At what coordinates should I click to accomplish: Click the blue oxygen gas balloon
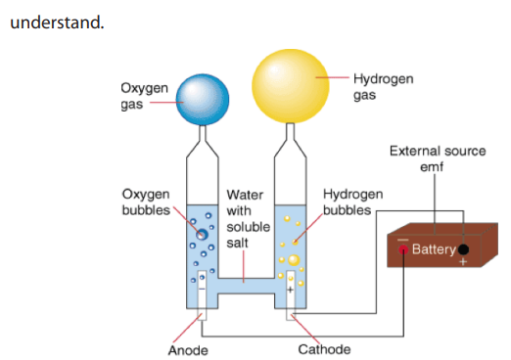click(x=203, y=100)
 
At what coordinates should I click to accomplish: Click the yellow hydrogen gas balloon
click(x=291, y=86)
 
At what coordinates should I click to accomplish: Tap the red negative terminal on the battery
click(x=403, y=249)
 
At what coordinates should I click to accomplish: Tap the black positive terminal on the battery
click(x=463, y=249)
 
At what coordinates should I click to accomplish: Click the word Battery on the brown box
click(x=434, y=249)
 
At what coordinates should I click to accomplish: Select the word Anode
click(x=188, y=350)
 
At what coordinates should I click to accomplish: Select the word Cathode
click(x=324, y=349)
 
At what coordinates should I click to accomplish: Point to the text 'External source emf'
click(x=438, y=158)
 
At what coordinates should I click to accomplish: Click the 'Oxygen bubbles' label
click(x=146, y=202)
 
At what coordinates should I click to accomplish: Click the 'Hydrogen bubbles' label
click(x=353, y=202)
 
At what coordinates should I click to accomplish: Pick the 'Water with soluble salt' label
click(x=248, y=219)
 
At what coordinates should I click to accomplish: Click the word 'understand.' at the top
click(x=57, y=22)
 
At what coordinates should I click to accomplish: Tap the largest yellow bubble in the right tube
click(x=294, y=260)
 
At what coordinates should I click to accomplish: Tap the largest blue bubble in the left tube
click(x=202, y=234)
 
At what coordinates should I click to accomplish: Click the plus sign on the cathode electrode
click(x=290, y=290)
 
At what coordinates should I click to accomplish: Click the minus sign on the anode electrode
click(x=202, y=290)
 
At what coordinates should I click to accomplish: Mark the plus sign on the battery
click(x=463, y=261)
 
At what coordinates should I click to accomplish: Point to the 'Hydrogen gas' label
click(x=384, y=87)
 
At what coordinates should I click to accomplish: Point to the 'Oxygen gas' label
click(x=144, y=97)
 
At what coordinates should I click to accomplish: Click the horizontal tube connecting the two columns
click(x=247, y=286)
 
